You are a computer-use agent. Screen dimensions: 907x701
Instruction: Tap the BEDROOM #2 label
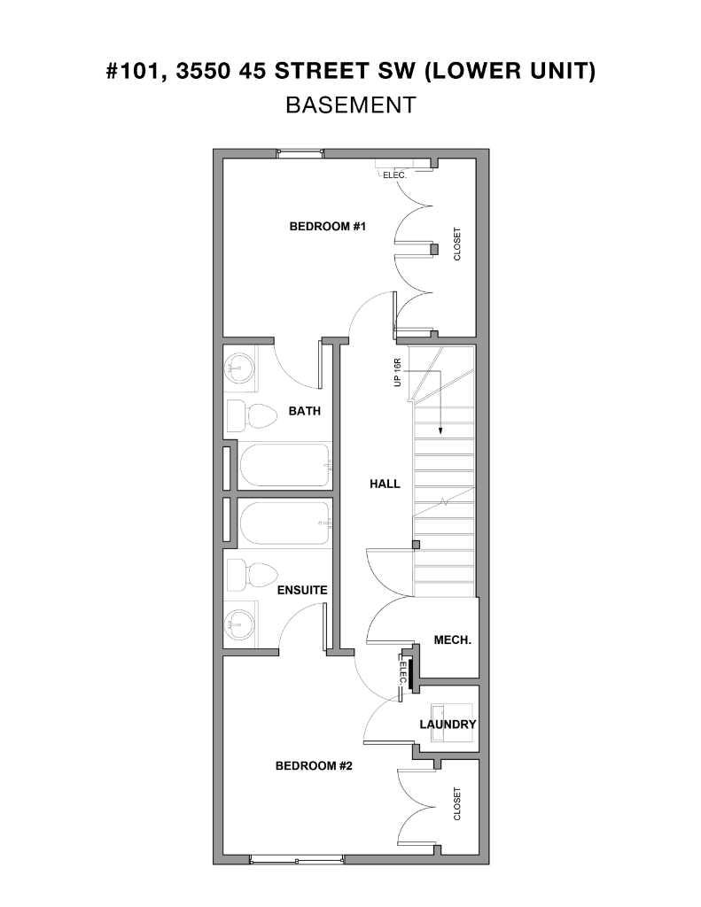[314, 765]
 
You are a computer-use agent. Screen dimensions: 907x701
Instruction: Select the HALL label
[385, 484]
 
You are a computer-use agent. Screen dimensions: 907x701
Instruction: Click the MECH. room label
[452, 640]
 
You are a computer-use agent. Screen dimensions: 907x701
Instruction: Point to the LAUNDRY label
[448, 725]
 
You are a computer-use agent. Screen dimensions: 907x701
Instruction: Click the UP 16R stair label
[399, 372]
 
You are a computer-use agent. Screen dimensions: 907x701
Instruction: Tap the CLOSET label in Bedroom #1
[457, 244]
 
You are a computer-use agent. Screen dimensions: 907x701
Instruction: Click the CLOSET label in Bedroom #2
[457, 803]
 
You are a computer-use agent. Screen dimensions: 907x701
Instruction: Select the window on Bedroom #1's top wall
[300, 153]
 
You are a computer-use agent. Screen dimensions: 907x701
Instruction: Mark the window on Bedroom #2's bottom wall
[296, 859]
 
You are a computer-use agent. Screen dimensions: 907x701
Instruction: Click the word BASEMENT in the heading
[350, 105]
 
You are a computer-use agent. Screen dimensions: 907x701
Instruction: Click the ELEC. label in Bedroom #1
[394, 174]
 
